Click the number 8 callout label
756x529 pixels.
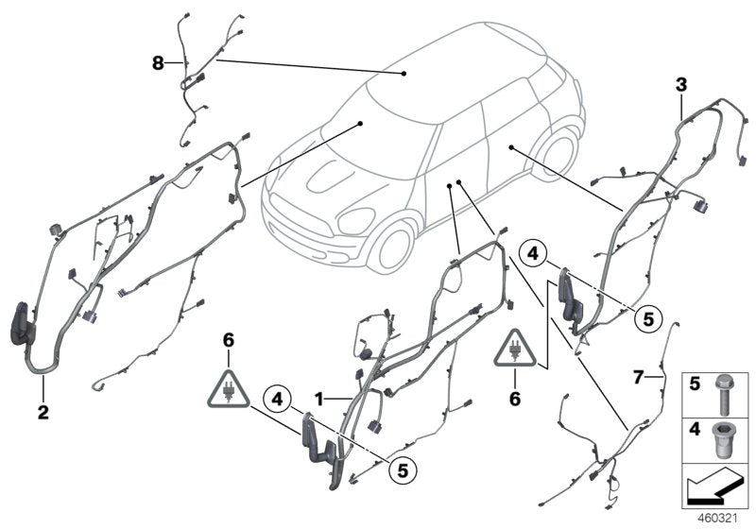(x=158, y=63)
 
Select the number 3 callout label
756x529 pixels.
(x=680, y=86)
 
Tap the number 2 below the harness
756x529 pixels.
(x=43, y=412)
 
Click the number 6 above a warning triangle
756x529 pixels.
(x=227, y=336)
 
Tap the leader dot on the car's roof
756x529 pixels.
(x=404, y=72)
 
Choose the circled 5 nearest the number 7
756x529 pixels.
(x=647, y=318)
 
